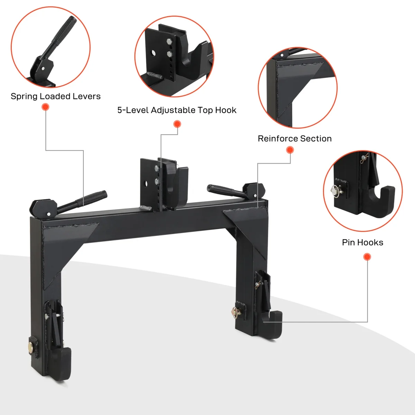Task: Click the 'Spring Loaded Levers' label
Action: point(55,96)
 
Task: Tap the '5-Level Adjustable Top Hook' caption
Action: point(177,110)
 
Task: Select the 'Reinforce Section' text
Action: point(294,139)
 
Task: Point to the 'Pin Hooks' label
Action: point(362,242)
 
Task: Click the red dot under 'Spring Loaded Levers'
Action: point(45,107)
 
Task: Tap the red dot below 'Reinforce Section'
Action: point(290,150)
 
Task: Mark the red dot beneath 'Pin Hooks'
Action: point(367,257)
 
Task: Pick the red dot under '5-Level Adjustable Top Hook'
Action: point(177,124)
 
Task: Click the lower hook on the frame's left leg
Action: point(62,361)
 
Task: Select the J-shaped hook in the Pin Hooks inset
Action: point(380,201)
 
